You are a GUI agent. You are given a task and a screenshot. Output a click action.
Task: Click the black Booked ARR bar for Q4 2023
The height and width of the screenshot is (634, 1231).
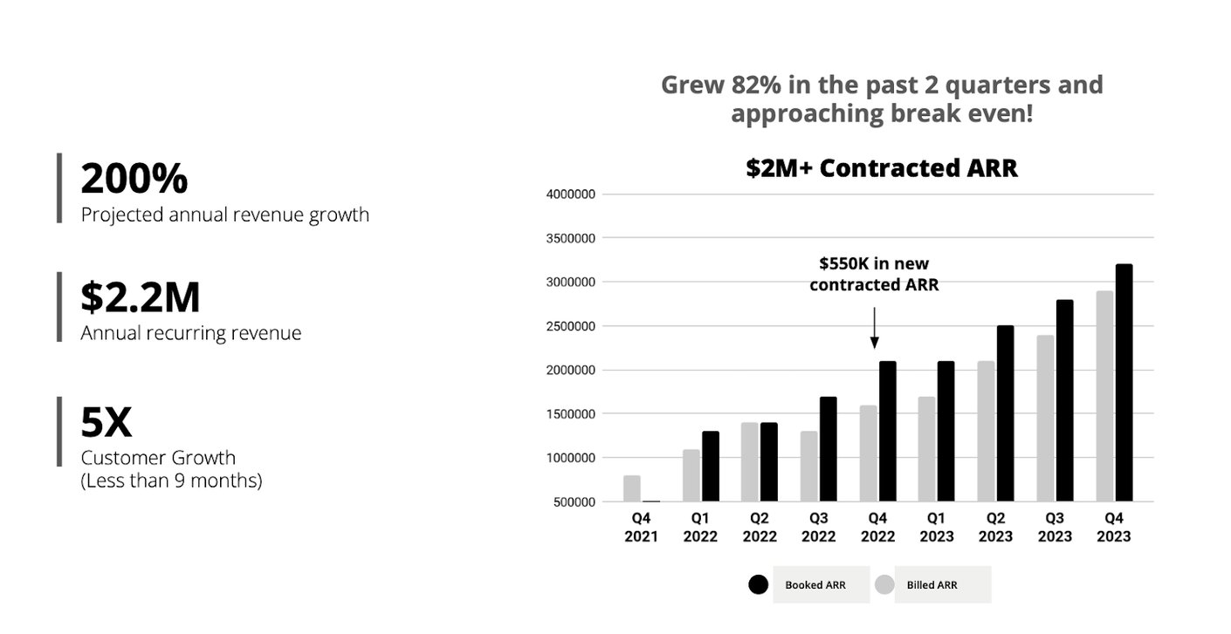point(1124,383)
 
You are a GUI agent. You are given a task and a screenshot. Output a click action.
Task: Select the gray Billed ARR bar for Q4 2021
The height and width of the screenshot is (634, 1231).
point(632,488)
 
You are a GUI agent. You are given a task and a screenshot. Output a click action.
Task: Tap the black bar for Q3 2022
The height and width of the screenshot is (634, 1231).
point(828,449)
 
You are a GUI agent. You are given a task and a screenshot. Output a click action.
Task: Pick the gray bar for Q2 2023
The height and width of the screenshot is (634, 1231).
point(986,431)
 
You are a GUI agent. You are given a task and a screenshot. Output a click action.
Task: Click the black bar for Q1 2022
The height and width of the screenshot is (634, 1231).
point(710,467)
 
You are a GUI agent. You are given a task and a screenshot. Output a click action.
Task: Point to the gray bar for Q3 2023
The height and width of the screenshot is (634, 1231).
point(1045,419)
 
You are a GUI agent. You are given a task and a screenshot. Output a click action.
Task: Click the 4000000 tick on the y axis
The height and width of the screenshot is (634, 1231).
point(572,194)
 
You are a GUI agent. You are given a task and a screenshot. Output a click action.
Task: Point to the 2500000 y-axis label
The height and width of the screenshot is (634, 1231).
point(572,326)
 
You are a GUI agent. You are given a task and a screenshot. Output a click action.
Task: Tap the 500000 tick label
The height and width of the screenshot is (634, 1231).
point(575,502)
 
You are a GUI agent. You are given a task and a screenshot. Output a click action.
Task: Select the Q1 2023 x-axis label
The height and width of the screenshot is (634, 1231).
point(936,527)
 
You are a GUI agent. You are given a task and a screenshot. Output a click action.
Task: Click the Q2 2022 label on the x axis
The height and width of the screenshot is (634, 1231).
point(759,527)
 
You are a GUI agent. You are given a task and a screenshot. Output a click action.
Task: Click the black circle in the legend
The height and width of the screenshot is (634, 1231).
point(759,585)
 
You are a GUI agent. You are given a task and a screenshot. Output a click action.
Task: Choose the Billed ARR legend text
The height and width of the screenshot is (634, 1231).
point(932,585)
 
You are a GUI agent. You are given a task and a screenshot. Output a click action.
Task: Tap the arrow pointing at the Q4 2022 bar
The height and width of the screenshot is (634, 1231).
point(874,329)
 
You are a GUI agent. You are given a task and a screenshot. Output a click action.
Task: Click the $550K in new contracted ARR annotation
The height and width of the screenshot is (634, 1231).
point(874,274)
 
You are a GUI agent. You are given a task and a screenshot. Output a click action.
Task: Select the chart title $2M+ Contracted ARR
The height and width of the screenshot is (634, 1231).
point(882,167)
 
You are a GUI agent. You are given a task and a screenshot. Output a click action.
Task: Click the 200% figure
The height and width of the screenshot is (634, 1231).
point(134,179)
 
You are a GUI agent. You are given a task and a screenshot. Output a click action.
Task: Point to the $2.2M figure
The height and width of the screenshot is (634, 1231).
point(141,297)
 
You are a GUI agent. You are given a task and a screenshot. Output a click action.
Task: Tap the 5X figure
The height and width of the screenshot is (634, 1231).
point(107,423)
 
